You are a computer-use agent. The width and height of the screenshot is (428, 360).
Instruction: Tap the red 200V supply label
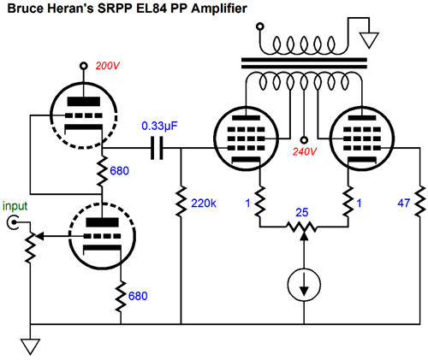pos(108,67)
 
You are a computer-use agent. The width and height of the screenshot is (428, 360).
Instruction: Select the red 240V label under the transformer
pos(306,154)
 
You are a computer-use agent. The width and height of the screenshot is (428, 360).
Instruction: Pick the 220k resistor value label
pos(205,204)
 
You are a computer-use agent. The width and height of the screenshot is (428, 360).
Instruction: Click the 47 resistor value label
pos(404,204)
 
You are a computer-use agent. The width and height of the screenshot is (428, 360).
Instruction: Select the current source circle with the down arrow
pos(304,285)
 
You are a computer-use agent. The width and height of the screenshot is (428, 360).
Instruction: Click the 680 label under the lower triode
pos(138,297)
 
